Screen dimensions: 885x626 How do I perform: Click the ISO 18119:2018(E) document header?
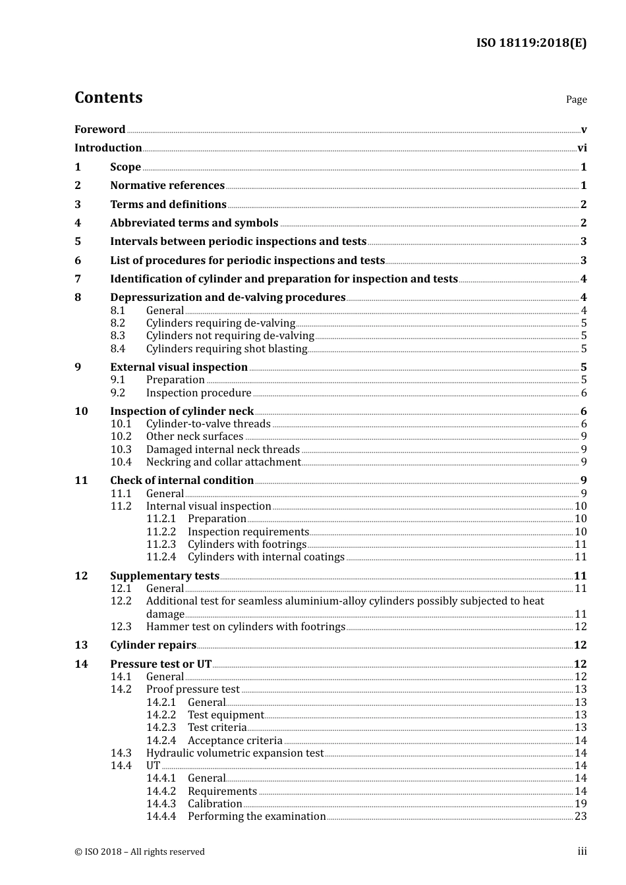pos(531,43)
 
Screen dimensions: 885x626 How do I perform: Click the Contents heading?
pos(108,97)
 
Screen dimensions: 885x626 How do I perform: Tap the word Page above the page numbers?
pos(576,99)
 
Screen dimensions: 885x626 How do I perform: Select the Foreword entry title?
pos(100,129)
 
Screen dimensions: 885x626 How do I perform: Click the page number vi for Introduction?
pos(582,148)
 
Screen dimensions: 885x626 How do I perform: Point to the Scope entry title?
pos(125,167)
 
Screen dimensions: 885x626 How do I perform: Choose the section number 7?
pos(78,279)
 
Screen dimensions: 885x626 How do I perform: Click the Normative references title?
pos(167,186)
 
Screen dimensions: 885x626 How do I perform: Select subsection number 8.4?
pos(118,349)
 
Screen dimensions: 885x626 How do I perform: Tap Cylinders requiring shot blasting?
pos(227,349)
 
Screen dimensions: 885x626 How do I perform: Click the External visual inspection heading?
pos(179,367)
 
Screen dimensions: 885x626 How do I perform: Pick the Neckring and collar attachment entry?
pos(223,462)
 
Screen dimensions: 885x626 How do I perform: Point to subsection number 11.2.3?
pos(161,545)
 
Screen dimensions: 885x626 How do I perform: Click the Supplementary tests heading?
pos(165,576)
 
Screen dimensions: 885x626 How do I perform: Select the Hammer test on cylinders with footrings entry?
pos(246,627)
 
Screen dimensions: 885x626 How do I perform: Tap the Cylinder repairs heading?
pos(153,645)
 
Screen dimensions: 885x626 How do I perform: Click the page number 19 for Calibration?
pos(581,804)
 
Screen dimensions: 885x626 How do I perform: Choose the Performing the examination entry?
pos(256,817)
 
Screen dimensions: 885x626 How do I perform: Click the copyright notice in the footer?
pos(140,852)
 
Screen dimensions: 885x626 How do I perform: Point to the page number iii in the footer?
pos(582,851)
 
